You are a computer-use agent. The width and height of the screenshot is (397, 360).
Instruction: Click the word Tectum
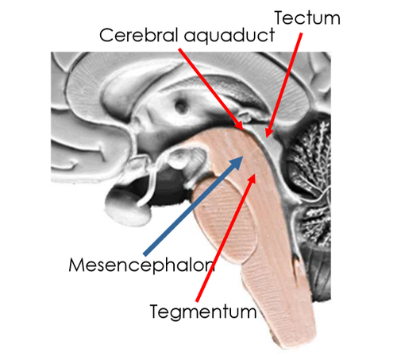(307, 18)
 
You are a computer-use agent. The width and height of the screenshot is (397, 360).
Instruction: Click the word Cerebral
(138, 35)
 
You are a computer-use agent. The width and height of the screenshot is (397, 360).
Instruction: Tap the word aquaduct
(229, 37)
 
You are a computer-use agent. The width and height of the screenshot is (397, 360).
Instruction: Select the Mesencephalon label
(142, 265)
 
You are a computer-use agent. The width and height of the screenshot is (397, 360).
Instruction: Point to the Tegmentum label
(203, 312)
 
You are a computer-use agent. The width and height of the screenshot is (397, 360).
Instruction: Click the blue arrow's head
(237, 162)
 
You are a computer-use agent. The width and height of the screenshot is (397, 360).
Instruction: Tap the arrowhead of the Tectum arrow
(269, 132)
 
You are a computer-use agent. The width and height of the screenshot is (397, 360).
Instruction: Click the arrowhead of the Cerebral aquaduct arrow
(238, 125)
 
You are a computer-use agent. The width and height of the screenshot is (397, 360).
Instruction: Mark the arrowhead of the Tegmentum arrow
(252, 178)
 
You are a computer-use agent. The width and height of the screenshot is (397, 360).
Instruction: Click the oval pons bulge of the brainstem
(225, 221)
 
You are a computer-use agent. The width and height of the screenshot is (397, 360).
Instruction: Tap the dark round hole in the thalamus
(181, 106)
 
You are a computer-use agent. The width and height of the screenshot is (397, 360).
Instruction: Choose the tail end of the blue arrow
(145, 254)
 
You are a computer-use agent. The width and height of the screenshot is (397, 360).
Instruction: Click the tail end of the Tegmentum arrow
(197, 301)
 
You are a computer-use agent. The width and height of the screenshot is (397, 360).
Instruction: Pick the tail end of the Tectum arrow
(301, 33)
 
